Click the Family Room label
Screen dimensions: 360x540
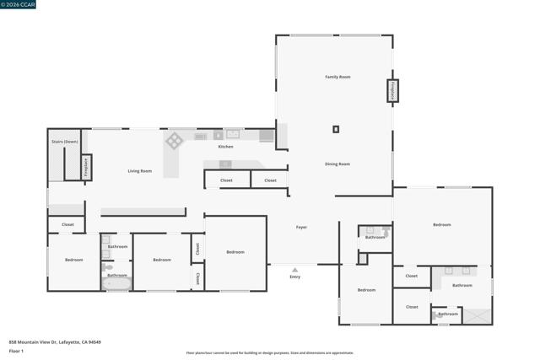click(x=337, y=77)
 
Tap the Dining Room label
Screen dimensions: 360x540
click(x=337, y=164)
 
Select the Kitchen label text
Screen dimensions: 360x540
click(x=225, y=147)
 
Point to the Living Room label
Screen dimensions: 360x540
click(x=140, y=171)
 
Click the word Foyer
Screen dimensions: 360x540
click(x=301, y=228)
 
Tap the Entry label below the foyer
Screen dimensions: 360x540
click(x=294, y=277)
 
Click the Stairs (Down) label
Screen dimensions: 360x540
click(x=64, y=142)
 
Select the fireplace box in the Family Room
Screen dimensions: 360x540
click(x=392, y=90)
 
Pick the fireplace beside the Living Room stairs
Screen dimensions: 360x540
click(x=86, y=167)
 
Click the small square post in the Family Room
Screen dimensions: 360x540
click(x=336, y=129)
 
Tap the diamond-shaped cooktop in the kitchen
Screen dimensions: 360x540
click(x=175, y=140)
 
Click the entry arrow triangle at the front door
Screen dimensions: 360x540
click(x=294, y=268)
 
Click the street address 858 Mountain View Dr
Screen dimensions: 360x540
click(x=55, y=341)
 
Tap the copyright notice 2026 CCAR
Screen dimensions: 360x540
click(x=19, y=5)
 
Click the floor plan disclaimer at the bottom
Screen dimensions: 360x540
click(x=270, y=353)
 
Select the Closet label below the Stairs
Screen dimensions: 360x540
click(x=67, y=224)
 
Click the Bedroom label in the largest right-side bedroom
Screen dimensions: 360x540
click(x=442, y=224)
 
